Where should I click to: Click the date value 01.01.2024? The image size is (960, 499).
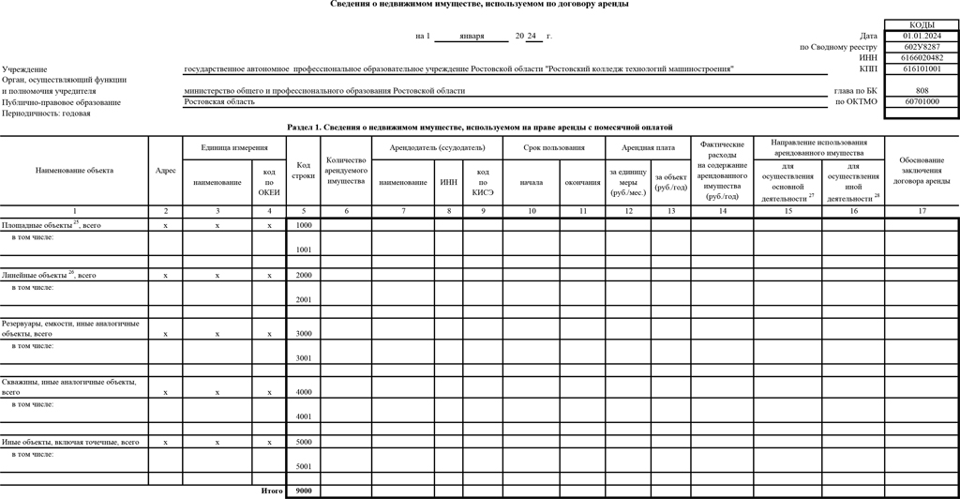pos(921,36)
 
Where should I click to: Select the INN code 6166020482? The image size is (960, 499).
pos(921,57)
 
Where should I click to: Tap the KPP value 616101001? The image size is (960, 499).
pos(921,68)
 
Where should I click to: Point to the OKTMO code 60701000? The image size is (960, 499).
pos(921,101)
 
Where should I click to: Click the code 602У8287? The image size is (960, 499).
pos(921,47)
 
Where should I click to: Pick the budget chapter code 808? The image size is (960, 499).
pos(921,91)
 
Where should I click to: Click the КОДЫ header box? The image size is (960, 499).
pos(921,25)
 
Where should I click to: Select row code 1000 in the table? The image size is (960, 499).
pos(304,225)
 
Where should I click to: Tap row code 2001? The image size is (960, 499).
pos(304,299)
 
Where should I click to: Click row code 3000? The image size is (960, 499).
pos(304,333)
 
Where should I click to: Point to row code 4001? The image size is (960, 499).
pos(304,416)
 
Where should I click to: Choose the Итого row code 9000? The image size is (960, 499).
pos(304,491)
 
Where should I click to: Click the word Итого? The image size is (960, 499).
pos(271,491)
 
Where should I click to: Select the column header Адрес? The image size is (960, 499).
pos(165,171)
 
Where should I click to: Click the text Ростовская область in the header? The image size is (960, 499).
pos(219,101)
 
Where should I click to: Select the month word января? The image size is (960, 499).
pos(472,37)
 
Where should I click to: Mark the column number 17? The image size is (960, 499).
pos(921,211)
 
